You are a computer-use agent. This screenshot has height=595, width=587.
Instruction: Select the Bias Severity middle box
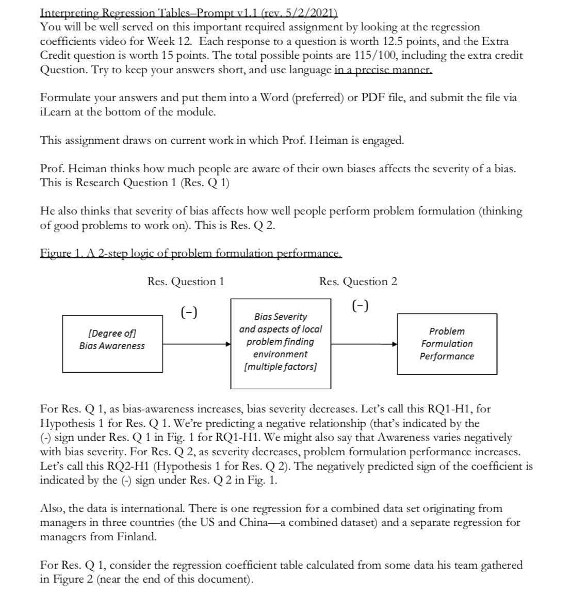281,343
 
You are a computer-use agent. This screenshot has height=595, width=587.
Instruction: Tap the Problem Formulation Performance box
447,344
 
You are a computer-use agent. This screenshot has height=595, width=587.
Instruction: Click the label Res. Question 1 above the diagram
186,282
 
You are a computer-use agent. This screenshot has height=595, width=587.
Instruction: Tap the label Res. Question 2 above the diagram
358,282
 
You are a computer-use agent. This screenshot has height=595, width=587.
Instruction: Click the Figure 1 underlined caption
190,253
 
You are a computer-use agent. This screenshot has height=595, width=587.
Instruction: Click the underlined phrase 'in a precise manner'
383,70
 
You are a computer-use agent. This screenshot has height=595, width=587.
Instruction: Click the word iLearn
56,111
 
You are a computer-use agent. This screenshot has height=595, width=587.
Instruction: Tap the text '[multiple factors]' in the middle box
280,367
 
